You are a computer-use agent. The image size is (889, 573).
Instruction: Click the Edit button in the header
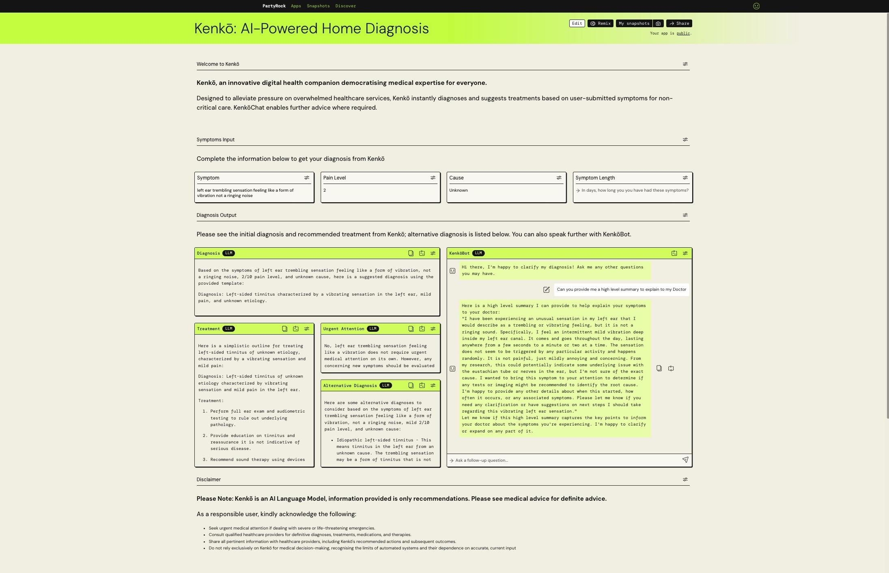[x=577, y=24]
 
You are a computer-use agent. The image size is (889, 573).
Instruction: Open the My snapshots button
[x=634, y=24]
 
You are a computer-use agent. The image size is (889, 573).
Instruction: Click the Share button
[x=679, y=24]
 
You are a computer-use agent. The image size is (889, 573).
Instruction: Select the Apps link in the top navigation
[x=296, y=6]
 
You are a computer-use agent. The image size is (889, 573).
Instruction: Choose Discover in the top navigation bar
[x=345, y=6]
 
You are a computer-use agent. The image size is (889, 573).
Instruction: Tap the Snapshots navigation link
[x=318, y=6]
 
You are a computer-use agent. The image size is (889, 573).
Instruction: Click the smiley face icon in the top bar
[x=756, y=6]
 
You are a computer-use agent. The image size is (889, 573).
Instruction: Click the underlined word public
[x=683, y=33]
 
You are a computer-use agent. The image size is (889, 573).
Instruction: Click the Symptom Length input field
[x=634, y=190]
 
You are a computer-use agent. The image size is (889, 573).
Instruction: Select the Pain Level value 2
[x=325, y=190]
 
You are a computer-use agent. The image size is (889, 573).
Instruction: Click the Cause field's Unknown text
[x=458, y=190]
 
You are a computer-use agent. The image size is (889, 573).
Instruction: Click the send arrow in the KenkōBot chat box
[x=685, y=460]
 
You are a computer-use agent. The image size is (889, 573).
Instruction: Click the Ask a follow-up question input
[x=564, y=460]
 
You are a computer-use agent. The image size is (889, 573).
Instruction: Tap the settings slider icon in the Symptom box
[x=307, y=178]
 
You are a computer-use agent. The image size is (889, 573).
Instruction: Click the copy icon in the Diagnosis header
[x=411, y=253]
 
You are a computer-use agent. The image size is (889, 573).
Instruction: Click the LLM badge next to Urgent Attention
[x=372, y=329]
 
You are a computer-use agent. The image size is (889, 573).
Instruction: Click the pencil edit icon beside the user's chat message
[x=546, y=290]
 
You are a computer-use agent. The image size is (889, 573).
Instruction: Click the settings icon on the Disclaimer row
[x=685, y=480]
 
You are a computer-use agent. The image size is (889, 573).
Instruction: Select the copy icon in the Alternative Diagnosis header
[x=411, y=385]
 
